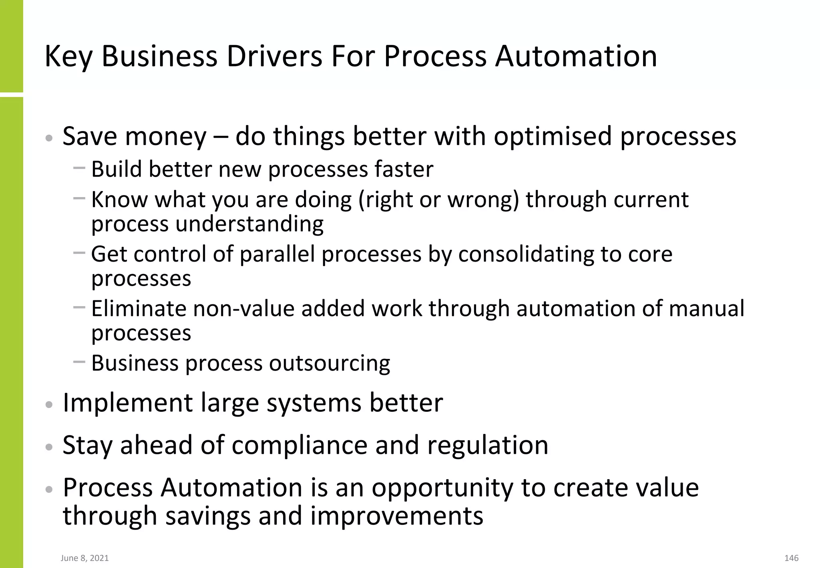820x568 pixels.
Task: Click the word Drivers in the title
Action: tap(274, 56)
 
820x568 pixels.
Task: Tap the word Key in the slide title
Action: tap(68, 56)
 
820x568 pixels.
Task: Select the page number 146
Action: tap(792, 558)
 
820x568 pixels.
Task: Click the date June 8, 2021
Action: tap(85, 558)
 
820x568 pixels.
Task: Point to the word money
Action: tap(166, 137)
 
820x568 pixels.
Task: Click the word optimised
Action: tap(553, 137)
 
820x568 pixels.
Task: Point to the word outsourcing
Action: tap(330, 363)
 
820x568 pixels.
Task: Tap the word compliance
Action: tap(299, 445)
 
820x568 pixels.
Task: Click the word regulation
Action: tap(488, 445)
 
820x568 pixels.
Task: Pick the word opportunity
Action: tap(442, 487)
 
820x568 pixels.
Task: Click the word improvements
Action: tap(396, 516)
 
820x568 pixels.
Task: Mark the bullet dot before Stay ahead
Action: tap(49, 447)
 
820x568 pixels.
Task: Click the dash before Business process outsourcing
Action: tap(79, 361)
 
